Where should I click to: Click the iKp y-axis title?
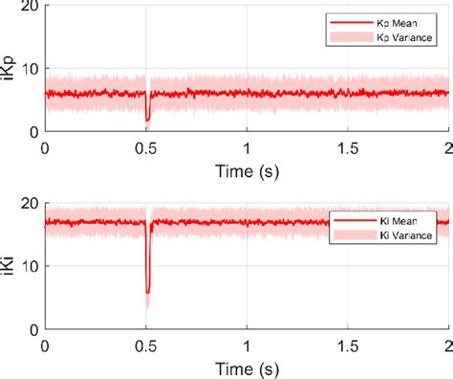tap(11, 69)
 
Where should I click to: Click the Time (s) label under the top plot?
tap(247, 169)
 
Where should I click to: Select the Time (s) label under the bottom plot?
tap(247, 367)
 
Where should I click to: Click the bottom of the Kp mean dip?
tap(147, 120)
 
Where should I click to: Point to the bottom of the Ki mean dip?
tap(147, 292)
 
